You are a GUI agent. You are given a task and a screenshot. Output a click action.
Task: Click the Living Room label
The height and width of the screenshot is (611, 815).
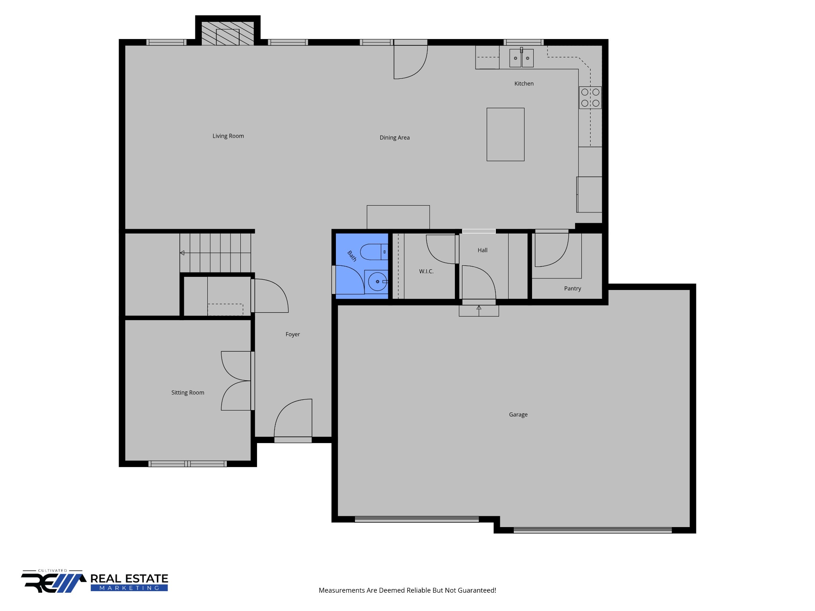228,136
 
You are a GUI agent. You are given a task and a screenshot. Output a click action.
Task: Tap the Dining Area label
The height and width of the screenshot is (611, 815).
394,138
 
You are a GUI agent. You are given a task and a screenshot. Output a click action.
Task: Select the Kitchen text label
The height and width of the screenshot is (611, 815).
524,84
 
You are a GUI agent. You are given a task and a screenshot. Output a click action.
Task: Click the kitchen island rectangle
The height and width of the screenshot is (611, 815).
505,134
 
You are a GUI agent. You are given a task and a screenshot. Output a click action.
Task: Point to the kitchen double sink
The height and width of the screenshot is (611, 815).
521,58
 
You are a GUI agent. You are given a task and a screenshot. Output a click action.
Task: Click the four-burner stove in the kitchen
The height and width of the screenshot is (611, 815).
590,97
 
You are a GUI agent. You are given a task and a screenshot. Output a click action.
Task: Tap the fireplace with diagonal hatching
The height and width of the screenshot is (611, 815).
228,33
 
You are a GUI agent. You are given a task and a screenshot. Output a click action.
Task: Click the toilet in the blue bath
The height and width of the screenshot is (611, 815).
374,252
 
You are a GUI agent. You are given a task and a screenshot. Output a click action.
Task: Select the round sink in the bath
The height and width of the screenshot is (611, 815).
377,282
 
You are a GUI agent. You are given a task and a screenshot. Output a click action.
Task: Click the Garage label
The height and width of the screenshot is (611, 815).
518,414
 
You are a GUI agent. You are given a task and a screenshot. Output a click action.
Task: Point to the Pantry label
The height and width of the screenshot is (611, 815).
572,288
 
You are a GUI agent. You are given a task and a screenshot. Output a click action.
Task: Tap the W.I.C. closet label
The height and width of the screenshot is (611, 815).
426,271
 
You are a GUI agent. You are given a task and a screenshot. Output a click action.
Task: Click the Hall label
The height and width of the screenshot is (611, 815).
482,250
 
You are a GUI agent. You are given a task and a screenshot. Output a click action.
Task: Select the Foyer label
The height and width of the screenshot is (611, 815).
292,334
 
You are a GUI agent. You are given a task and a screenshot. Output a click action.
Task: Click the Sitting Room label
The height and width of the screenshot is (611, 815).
187,393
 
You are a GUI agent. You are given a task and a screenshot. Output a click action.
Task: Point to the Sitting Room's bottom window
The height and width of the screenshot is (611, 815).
187,464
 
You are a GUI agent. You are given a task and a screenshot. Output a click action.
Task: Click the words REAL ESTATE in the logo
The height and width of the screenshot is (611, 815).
129,579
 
